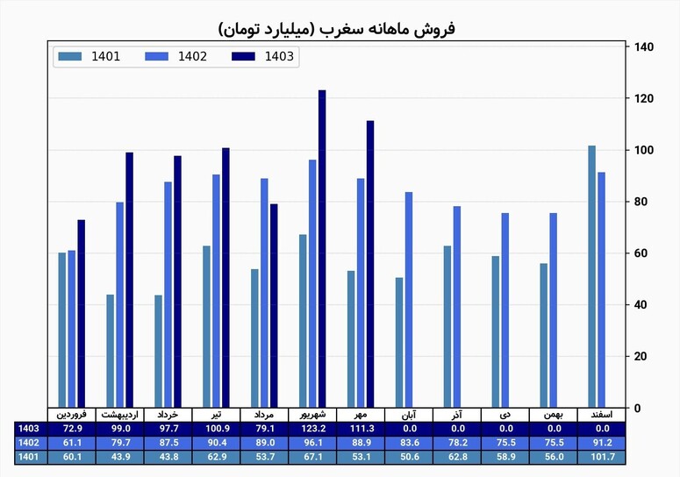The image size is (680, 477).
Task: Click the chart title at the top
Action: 337,29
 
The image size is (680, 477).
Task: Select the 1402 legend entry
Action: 175,56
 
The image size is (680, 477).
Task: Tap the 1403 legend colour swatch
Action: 243,56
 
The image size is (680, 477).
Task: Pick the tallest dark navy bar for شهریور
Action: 322,249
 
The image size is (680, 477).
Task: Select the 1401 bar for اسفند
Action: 592,276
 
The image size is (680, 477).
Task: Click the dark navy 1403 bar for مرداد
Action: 274,306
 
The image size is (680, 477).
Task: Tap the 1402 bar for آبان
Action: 409,300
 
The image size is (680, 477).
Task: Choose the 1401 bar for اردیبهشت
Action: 111,351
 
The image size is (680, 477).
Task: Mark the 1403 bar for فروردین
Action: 81,314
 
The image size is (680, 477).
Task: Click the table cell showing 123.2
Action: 312,429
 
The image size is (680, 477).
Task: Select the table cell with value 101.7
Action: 602,457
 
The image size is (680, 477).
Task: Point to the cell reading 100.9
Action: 217,429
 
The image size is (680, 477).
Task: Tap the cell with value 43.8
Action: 168,457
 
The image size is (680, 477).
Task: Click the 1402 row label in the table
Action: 29,443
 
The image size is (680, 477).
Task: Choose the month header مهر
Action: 361,415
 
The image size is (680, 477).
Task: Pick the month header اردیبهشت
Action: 119,415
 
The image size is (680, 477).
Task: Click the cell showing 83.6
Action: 409,443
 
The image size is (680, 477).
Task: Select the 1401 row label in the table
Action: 29,457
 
